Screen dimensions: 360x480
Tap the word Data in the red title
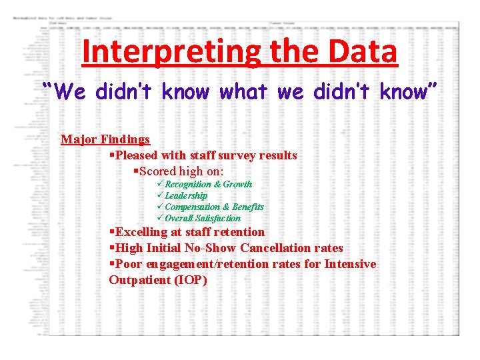[365, 52]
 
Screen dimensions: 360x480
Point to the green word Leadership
[186, 195]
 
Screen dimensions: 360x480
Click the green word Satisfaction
[217, 218]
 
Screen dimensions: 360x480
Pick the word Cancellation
[277, 248]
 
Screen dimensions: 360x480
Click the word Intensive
[350, 264]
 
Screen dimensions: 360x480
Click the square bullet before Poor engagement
[111, 264]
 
